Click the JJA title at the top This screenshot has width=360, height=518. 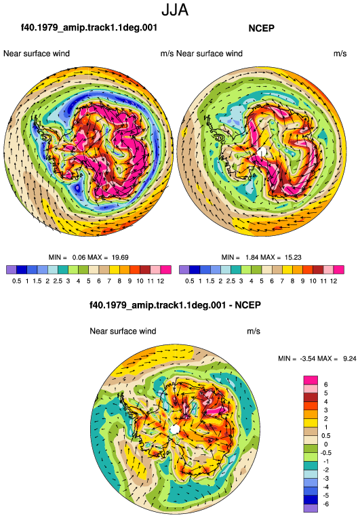coord(175,10)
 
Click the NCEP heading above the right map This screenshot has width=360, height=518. coord(261,28)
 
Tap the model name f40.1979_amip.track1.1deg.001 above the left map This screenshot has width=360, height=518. coord(89,27)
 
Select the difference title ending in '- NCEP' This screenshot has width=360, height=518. coord(176,304)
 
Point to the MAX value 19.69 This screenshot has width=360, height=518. coord(120,258)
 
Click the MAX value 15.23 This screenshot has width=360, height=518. coord(293,258)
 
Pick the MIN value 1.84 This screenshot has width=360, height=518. coord(252,258)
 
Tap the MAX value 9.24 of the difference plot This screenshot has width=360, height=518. coord(349,359)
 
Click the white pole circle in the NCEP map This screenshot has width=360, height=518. coord(262,152)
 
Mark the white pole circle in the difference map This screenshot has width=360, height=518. coord(175,429)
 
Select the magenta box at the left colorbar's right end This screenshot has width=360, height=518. coord(166,270)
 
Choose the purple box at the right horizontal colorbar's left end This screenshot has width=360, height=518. coord(184,270)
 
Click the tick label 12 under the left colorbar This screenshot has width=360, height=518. coord(161,281)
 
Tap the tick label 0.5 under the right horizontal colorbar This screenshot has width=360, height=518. coord(189,281)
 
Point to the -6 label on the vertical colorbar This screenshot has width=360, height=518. coord(325,504)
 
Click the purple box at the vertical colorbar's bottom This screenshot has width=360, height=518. coord(311,509)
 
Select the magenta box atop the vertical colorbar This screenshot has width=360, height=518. coord(311,380)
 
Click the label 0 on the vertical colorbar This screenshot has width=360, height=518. coord(325,444)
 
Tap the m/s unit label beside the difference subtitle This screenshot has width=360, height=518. coord(254,332)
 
